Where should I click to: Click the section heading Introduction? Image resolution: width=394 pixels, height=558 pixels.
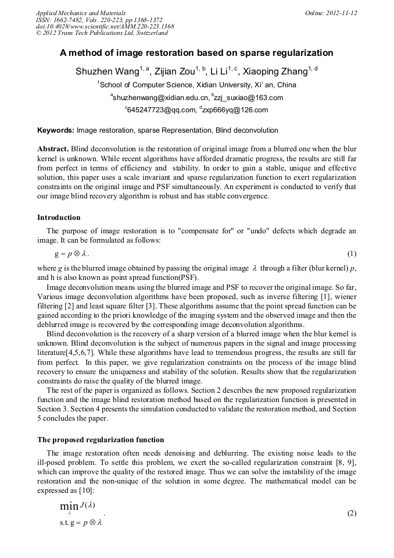coord(59,218)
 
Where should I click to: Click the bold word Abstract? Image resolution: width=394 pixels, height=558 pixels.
coord(52,148)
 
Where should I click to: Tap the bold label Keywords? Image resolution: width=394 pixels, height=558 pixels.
coord(56,130)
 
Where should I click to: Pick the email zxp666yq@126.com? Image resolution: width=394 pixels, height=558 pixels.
coord(235,110)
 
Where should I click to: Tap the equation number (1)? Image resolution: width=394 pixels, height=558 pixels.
coord(352,254)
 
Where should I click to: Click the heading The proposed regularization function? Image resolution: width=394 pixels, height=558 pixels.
coord(101,440)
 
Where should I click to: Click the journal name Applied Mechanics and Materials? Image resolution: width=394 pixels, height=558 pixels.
coord(80,13)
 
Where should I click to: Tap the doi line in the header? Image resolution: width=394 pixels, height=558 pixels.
coord(105,27)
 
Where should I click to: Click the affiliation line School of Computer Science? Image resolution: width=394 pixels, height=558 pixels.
coord(197,85)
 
